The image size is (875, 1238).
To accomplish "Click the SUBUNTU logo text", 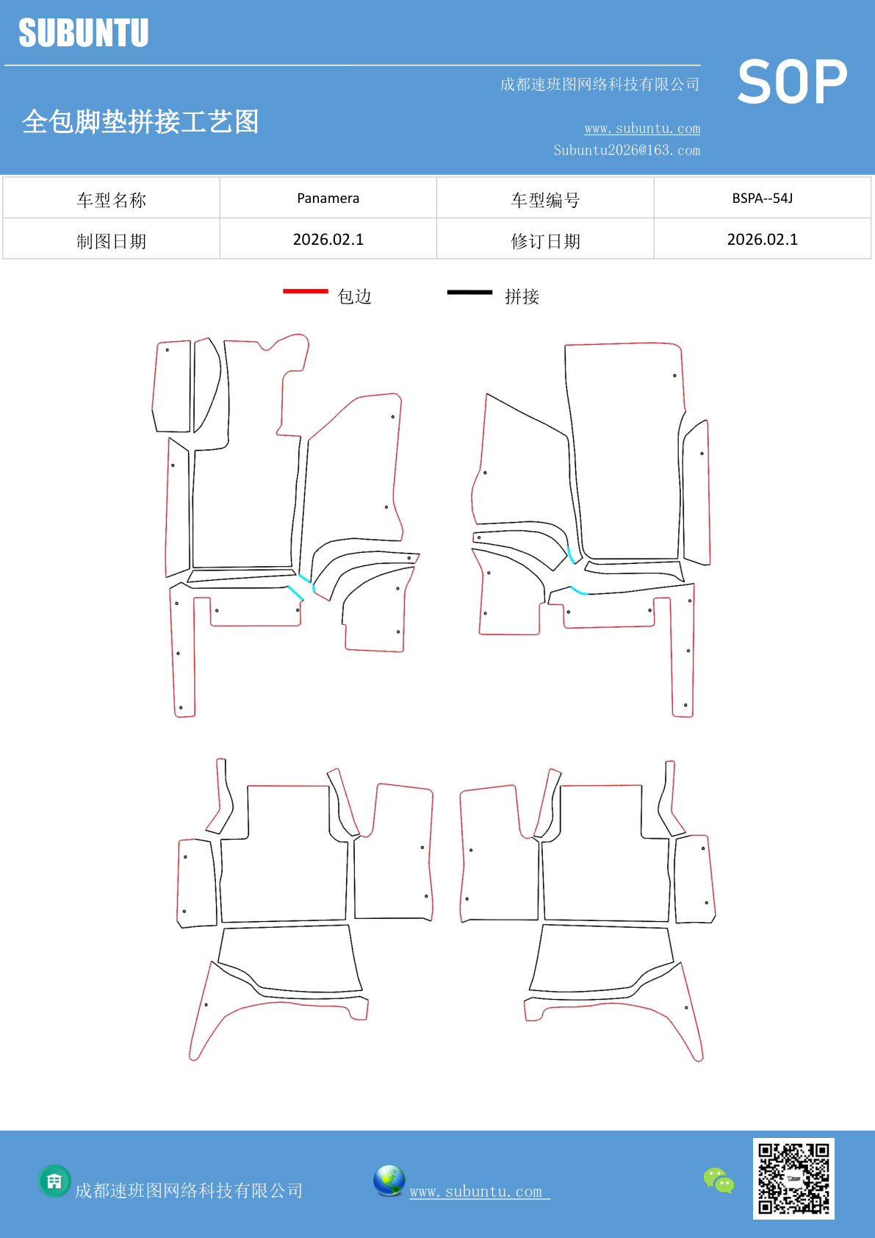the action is point(84,32).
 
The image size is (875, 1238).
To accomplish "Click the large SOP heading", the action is point(792,82).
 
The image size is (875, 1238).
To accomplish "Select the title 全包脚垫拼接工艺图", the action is point(140,121).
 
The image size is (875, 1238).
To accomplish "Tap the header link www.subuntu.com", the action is point(642,128).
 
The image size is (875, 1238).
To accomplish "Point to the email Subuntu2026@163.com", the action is point(627,150).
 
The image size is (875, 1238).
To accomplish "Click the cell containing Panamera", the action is point(328,198).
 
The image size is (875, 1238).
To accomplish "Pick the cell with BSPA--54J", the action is point(763,198).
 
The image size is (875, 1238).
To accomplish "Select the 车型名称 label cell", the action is point(111,198).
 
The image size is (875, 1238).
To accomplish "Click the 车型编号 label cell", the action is point(545,198).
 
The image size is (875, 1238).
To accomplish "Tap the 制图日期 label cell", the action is point(111,239).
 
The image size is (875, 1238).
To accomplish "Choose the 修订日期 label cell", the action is point(545,239).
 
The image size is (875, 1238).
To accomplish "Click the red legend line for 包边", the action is point(306,290).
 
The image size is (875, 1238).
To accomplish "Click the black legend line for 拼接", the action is point(469,292).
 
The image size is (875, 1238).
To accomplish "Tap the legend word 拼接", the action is point(522,297).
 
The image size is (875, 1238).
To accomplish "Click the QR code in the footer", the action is point(793,1178).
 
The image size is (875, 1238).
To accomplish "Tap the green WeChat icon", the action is point(719,1180).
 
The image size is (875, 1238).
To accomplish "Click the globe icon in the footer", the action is point(389,1181).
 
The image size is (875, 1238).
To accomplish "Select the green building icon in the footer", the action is point(54,1181).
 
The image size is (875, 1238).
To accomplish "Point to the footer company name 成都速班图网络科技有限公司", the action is point(189,1190).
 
